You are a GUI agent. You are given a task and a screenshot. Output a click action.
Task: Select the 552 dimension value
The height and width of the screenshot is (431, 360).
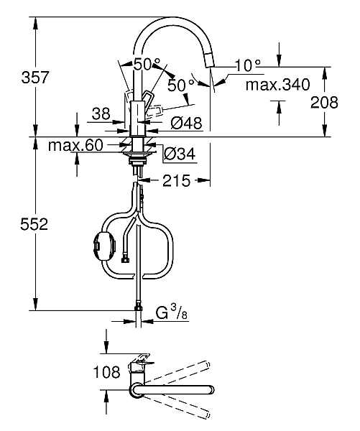click(33, 225)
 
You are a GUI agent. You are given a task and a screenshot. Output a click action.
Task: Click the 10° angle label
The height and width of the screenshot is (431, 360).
click(248, 65)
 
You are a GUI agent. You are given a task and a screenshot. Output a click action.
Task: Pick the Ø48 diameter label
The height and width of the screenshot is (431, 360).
click(186, 122)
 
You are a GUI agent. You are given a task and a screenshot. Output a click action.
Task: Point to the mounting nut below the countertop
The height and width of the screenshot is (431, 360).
click(137, 160)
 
